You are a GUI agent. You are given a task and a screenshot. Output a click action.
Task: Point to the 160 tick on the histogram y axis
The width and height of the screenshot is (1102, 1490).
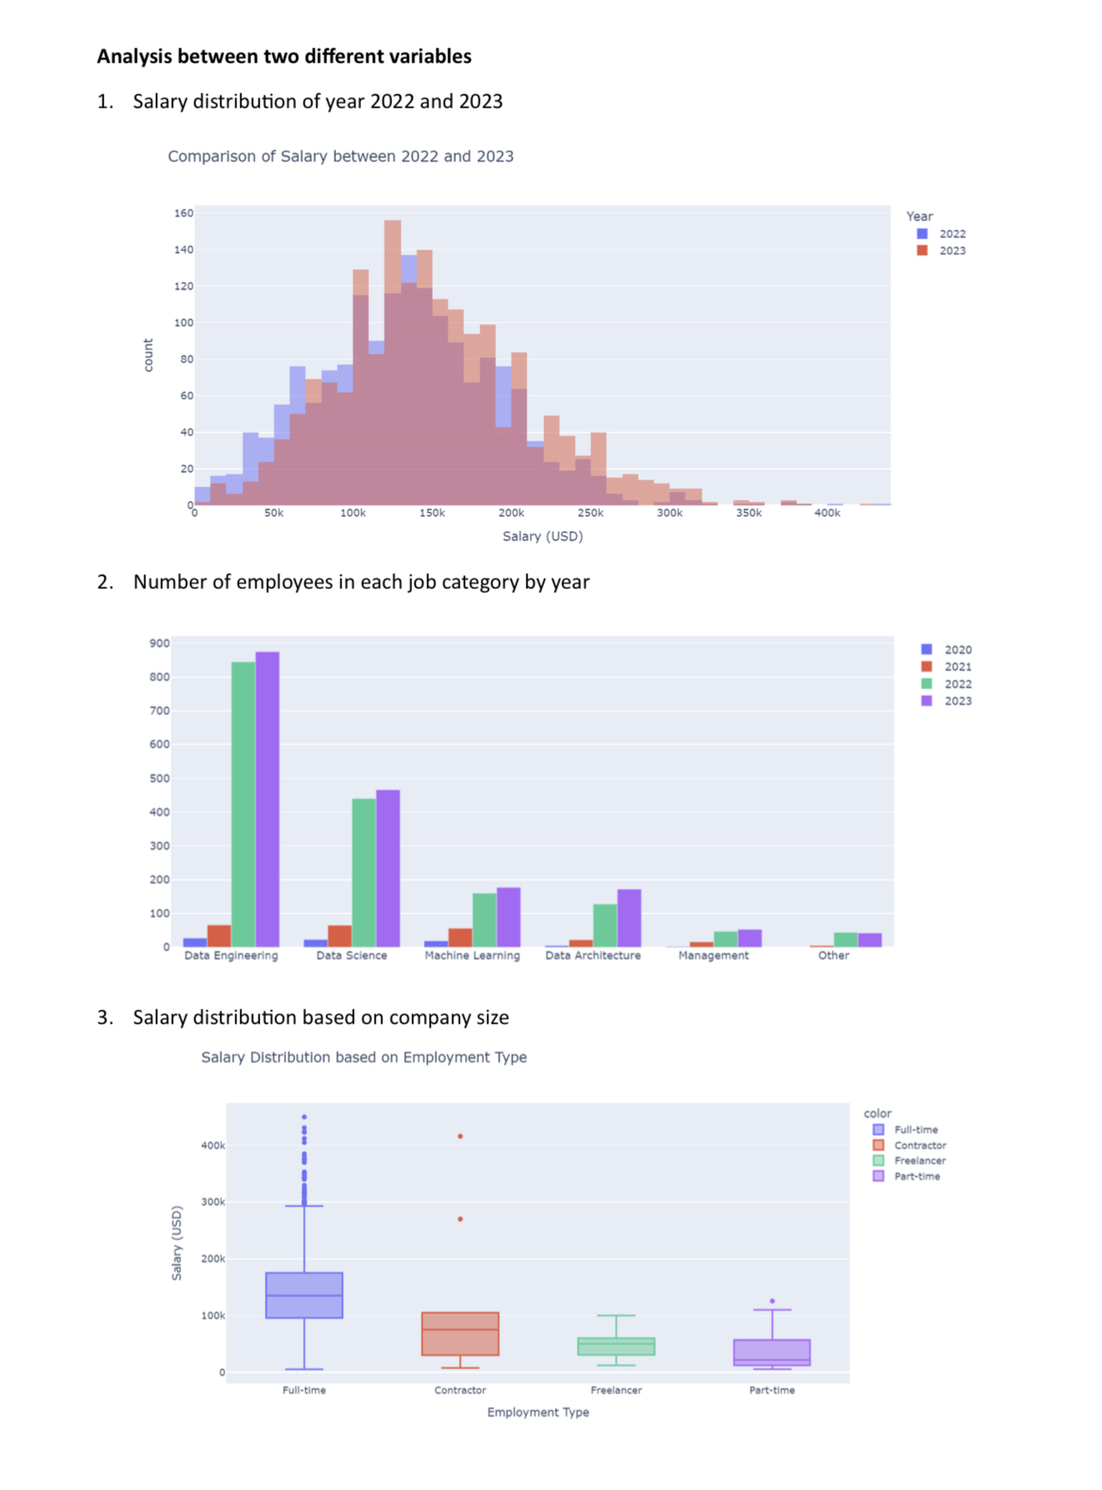[x=184, y=214]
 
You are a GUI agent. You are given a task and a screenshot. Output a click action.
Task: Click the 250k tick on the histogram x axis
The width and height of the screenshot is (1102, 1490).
[x=590, y=513]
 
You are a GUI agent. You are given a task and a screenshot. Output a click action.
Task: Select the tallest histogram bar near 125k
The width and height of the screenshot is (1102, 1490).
[x=392, y=359]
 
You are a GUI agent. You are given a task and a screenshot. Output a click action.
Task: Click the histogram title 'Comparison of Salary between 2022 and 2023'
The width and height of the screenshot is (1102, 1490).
[x=340, y=156]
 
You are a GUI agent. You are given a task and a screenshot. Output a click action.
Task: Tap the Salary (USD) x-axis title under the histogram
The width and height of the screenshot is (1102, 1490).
[x=542, y=536]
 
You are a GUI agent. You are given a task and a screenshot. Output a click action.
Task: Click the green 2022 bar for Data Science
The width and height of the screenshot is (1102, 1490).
[x=364, y=872]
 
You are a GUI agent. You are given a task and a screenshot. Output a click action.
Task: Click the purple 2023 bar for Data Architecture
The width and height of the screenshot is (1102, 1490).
[x=629, y=918]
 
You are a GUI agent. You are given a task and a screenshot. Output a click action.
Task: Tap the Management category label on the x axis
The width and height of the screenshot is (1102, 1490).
[x=713, y=955]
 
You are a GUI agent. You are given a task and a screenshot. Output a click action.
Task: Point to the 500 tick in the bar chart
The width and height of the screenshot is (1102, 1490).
[x=159, y=778]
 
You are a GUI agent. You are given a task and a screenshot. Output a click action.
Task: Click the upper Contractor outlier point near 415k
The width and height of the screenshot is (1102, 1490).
[x=460, y=1136]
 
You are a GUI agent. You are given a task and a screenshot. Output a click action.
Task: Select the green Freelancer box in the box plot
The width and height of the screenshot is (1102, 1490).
[x=616, y=1347]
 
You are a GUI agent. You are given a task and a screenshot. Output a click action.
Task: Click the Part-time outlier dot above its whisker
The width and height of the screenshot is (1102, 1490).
[x=772, y=1301]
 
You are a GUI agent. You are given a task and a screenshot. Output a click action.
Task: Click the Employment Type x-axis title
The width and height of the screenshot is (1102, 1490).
[x=538, y=1412]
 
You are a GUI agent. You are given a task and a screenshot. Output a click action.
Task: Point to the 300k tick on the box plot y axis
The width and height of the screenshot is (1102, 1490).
[x=213, y=1202]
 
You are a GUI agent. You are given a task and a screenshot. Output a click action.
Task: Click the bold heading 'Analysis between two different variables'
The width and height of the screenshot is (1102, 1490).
[x=284, y=56]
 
